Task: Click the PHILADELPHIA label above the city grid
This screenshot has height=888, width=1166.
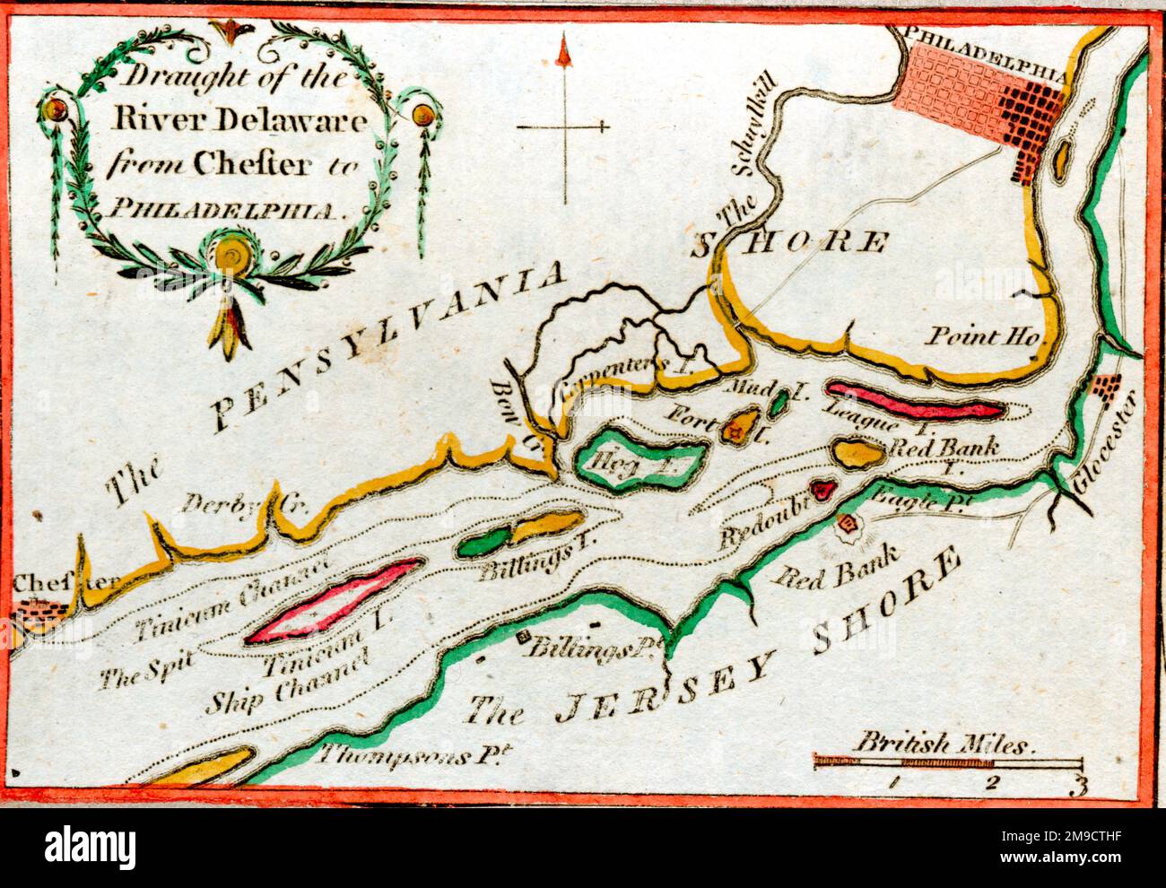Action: [987, 37]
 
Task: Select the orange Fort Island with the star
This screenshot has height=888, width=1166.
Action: [740, 426]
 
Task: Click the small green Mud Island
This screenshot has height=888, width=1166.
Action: [778, 403]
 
